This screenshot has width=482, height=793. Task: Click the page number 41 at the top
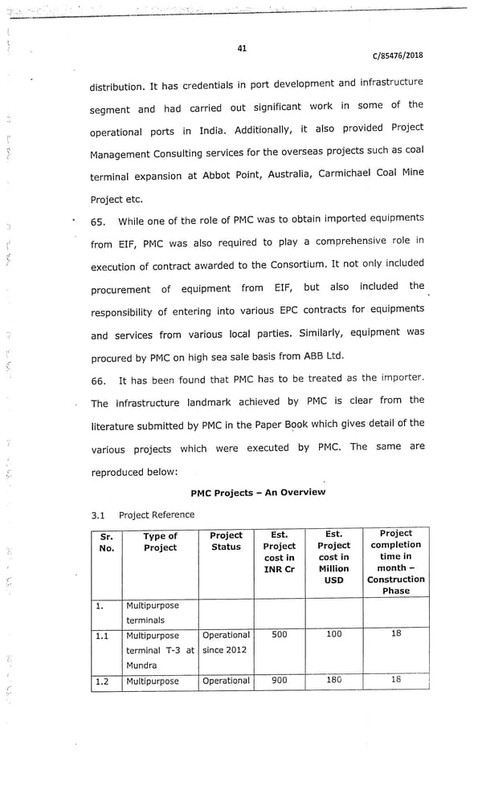click(x=242, y=48)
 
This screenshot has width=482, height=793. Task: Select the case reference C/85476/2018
click(x=398, y=55)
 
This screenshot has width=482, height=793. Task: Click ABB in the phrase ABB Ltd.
click(x=331, y=356)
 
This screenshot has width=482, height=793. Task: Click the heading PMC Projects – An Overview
click(x=258, y=492)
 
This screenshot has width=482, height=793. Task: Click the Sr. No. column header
click(x=105, y=542)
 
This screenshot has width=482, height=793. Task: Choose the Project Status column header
click(x=226, y=541)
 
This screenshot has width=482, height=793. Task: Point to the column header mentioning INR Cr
click(x=279, y=551)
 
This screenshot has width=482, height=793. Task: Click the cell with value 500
click(x=279, y=634)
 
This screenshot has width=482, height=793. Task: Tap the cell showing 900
click(x=279, y=680)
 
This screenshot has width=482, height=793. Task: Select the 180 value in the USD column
click(x=333, y=680)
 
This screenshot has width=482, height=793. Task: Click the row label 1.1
click(x=102, y=635)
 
